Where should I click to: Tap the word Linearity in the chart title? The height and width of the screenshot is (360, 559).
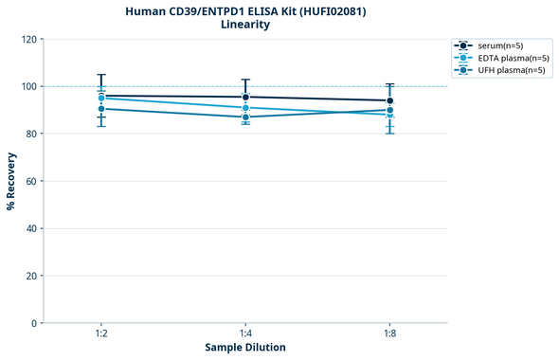(x=244, y=25)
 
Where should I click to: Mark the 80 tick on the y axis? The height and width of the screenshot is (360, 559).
(x=31, y=134)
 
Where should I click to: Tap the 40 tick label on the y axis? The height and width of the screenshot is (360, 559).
(x=31, y=228)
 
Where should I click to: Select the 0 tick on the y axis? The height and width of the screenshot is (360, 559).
(x=34, y=323)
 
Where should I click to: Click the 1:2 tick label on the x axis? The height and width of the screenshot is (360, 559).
(x=101, y=334)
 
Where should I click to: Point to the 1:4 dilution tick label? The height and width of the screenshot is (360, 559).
(x=245, y=334)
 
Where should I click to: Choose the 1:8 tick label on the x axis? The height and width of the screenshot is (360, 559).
(x=389, y=334)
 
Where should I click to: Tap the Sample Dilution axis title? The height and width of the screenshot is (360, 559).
(x=245, y=348)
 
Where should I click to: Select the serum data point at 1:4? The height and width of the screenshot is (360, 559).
(x=245, y=97)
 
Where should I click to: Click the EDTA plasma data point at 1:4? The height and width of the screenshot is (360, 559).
(x=245, y=108)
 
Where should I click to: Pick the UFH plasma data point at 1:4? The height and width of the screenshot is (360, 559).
(x=245, y=117)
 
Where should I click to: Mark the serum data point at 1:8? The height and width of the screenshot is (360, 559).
(x=389, y=100)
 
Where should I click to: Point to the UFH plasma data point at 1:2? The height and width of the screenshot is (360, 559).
(x=101, y=109)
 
